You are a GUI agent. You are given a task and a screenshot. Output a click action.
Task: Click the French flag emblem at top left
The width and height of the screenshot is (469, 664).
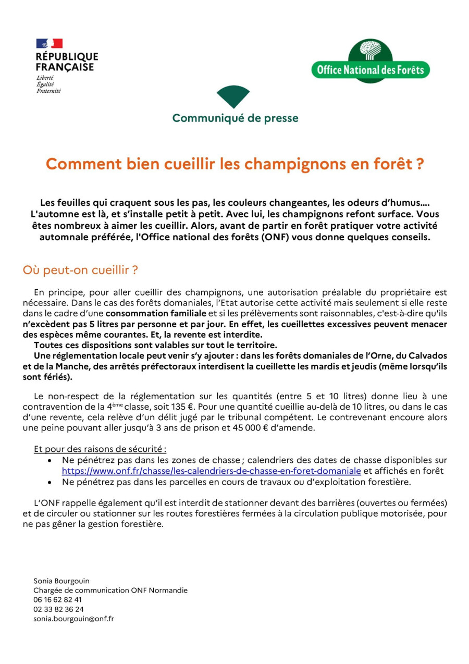pyautogui.click(x=49, y=43)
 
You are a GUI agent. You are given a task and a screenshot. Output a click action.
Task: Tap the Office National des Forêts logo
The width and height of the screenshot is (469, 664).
pyautogui.click(x=370, y=62)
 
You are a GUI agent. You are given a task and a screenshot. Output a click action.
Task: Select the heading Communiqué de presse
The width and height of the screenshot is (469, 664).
pyautogui.click(x=235, y=118)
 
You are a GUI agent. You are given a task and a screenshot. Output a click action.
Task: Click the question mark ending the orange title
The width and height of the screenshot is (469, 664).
pyautogui.click(x=419, y=164)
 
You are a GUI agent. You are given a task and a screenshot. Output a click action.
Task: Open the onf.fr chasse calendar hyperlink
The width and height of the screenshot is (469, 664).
pyautogui.click(x=211, y=471)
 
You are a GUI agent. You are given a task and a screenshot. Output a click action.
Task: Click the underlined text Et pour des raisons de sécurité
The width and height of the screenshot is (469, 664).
pyautogui.click(x=100, y=449)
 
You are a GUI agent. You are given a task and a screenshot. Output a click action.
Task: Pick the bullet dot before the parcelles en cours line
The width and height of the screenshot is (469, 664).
pyautogui.click(x=50, y=483)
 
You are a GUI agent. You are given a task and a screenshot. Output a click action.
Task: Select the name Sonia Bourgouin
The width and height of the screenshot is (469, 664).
pyautogui.click(x=61, y=581)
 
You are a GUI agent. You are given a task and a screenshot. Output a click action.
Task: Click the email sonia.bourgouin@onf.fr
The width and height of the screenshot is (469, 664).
pyautogui.click(x=73, y=619)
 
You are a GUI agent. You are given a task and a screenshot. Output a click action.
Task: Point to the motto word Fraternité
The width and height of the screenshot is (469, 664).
pyautogui.click(x=48, y=91)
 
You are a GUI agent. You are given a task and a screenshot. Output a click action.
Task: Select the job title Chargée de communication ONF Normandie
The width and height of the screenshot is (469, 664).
pyautogui.click(x=110, y=591)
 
